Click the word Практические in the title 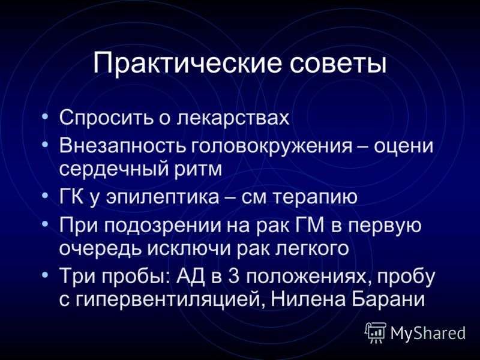point(187,64)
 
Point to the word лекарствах point(233,118)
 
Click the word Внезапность point(122,146)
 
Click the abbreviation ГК point(71,197)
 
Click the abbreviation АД point(190,277)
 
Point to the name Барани point(388,299)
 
